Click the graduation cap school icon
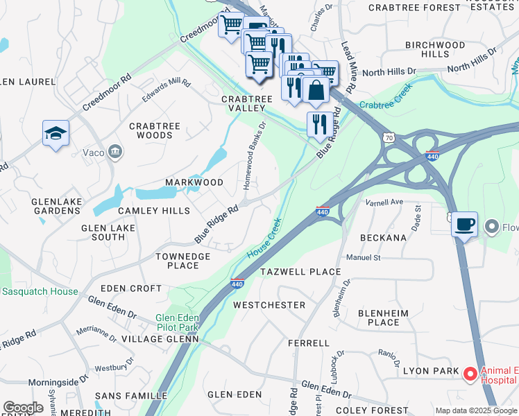[56, 133]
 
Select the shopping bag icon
[316, 90]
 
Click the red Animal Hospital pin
[470, 374]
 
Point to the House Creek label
[264, 239]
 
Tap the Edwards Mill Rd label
[166, 91]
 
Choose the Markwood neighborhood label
[194, 182]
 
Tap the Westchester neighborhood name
[269, 305]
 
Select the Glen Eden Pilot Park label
[177, 323]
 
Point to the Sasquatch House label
[40, 292]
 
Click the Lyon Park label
[429, 372]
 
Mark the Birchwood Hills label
[435, 49]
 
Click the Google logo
[23, 408]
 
